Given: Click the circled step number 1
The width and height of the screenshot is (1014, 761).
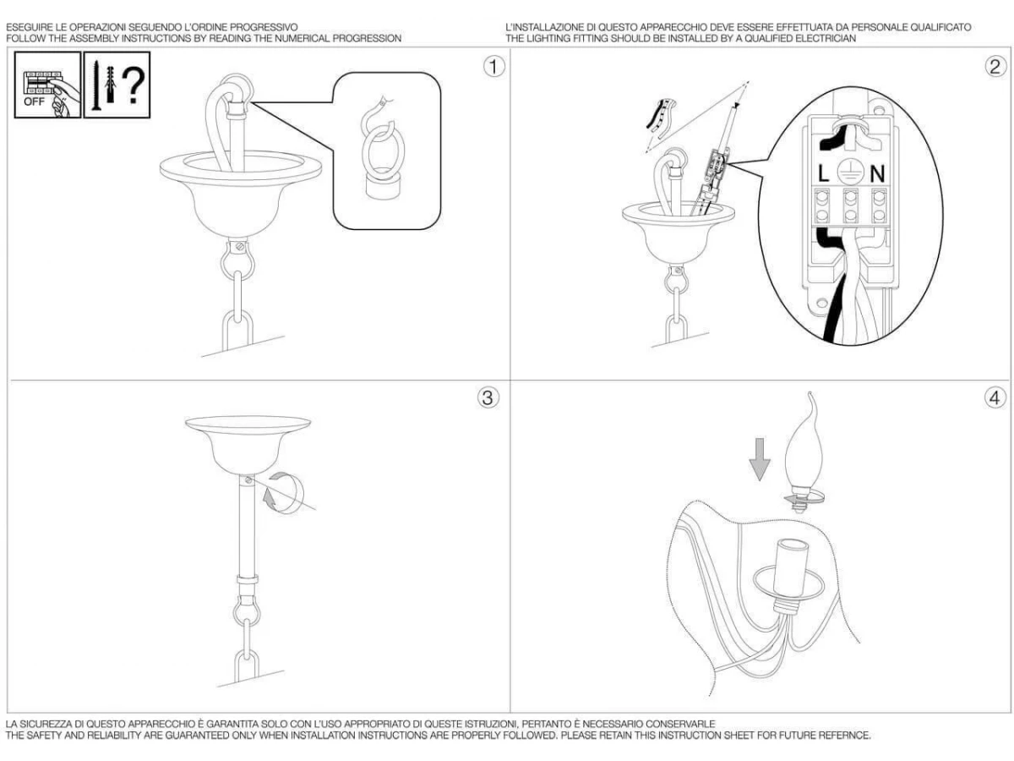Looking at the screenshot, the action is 493,67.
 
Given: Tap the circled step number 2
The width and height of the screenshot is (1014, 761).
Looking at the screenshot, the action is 995,67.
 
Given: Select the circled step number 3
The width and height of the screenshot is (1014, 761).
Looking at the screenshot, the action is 488,397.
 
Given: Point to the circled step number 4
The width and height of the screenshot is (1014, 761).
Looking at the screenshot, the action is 995,397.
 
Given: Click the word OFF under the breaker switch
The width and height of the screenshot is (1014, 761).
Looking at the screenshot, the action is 34,102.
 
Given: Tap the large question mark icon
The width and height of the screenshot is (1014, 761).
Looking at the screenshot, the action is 134,85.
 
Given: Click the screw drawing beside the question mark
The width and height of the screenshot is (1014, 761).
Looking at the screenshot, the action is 96,85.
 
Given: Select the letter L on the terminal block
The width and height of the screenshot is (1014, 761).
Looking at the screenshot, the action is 823,174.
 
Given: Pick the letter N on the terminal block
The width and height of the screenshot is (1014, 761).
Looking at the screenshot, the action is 877,174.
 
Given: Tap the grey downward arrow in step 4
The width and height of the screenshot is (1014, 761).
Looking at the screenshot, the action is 760,459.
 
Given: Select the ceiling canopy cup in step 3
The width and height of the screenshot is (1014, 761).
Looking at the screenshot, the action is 248,444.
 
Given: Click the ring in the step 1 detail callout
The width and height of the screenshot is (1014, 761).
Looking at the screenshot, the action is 383,151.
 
